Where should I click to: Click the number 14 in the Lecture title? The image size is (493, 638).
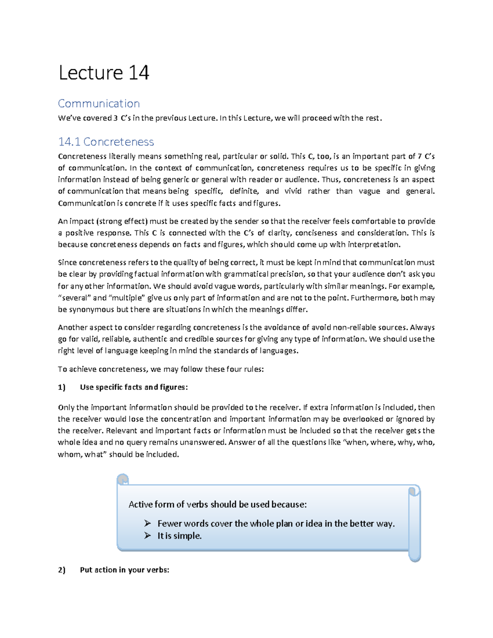click(138, 73)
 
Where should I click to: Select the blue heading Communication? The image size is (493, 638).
click(99, 104)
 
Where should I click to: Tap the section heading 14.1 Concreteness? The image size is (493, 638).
click(106, 142)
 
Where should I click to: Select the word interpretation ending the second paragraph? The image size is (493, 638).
click(373, 245)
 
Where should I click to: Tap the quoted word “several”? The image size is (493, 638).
click(74, 298)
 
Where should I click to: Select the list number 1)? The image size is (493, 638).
click(62, 387)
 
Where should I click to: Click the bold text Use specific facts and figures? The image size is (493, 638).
click(134, 387)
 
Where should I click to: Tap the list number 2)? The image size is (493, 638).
click(62, 570)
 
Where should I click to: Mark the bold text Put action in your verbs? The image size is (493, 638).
click(124, 570)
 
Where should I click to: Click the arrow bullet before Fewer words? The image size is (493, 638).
click(147, 523)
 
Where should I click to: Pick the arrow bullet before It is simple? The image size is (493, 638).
click(147, 536)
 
